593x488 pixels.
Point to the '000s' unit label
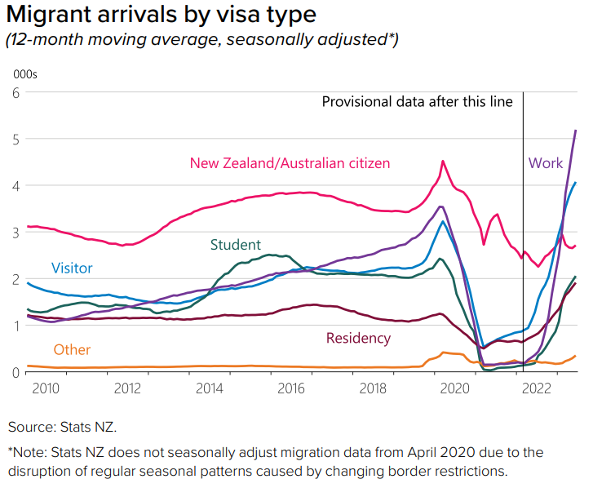click(x=25, y=74)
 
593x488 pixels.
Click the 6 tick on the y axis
click(x=15, y=93)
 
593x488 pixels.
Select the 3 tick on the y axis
click(x=15, y=233)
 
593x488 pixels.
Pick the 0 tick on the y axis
click(x=15, y=372)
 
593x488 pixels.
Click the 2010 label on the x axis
click(x=45, y=388)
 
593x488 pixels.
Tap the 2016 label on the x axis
click(x=291, y=388)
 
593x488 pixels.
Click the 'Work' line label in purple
click(x=546, y=162)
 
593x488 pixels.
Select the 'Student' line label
click(x=236, y=245)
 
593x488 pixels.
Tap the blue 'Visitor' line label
click(x=72, y=268)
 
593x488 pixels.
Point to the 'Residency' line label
click(x=358, y=338)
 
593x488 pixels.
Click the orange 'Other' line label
click(x=72, y=350)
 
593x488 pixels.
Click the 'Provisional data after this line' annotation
click(x=417, y=101)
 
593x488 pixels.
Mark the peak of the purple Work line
click(x=576, y=131)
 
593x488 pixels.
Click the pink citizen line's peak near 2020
click(x=443, y=162)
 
